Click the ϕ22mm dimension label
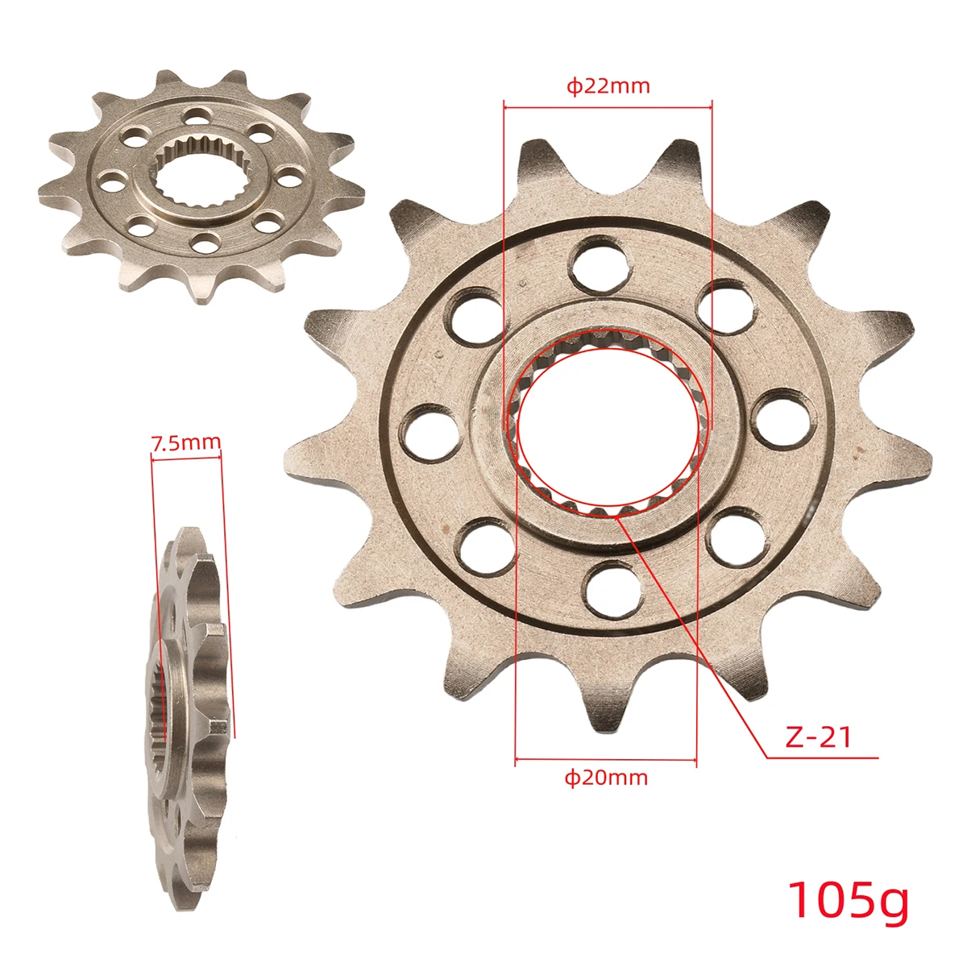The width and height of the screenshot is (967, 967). click(x=608, y=86)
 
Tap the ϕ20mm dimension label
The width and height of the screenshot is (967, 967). click(x=606, y=778)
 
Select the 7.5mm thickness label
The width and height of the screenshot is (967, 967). click(x=185, y=442)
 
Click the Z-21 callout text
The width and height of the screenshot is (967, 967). click(x=818, y=737)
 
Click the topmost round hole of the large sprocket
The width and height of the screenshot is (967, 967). click(x=599, y=264)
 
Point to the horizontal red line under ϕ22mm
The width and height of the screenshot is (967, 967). click(x=608, y=104)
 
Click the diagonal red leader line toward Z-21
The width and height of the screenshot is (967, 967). click(x=693, y=637)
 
